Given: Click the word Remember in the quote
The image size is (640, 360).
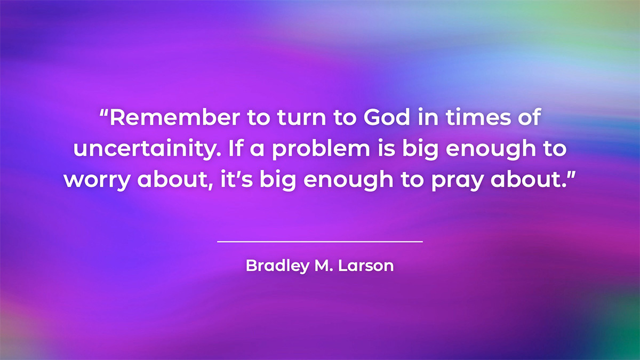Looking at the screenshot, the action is [x=175, y=117].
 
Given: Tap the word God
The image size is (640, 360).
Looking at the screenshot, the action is [x=387, y=117].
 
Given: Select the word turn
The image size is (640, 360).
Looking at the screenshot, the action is [x=301, y=117].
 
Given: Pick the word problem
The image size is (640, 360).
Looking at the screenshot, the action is [x=321, y=149].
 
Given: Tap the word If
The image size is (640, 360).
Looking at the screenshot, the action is [x=236, y=148].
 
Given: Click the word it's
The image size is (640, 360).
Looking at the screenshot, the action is [x=237, y=179].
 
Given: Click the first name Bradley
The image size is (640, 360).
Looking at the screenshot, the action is [x=278, y=266].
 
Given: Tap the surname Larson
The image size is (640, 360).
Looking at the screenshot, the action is [x=366, y=266].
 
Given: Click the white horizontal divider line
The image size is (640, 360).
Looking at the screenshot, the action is [x=320, y=242].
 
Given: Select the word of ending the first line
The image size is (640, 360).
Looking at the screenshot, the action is [x=530, y=117].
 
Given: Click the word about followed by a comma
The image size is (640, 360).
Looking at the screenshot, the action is [x=175, y=179].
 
